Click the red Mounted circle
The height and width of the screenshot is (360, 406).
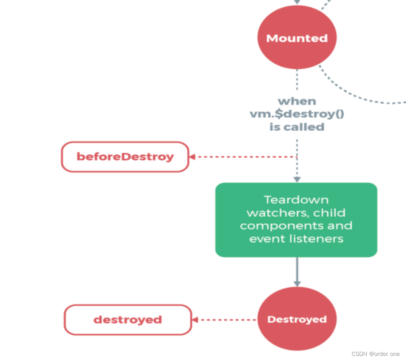pos(297,38)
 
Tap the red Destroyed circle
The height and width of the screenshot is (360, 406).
pos(297,319)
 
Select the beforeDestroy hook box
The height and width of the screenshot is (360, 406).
pos(125,157)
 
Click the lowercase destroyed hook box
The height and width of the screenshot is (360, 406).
pos(127,320)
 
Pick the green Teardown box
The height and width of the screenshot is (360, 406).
pos(296,220)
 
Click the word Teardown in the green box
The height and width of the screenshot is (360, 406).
pos(296,200)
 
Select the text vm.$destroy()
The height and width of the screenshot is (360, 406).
pos(297,114)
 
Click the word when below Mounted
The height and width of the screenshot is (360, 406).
pos(297,101)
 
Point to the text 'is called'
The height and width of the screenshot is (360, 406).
pos(297,127)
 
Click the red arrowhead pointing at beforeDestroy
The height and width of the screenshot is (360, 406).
pos(192,157)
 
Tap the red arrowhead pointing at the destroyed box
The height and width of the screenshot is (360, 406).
pos(195,320)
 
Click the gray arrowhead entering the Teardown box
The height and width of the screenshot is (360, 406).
pos(297,180)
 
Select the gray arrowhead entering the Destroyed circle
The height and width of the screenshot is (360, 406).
pos(297,283)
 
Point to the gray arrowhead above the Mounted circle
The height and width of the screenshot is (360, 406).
pos(297,2)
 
